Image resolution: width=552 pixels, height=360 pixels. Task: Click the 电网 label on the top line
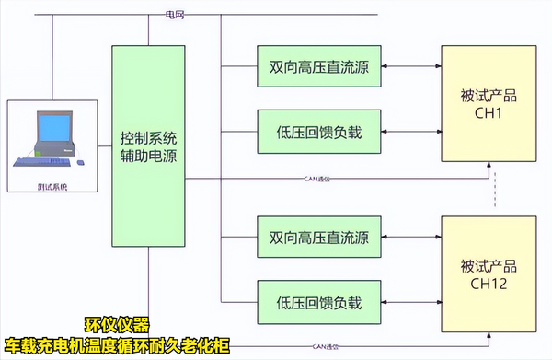coord(174,15)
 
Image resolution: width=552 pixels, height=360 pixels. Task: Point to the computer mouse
coord(79,163)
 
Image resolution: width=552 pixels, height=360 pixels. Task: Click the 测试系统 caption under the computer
coord(52,186)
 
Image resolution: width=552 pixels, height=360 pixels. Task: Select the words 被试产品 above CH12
coord(488,268)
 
